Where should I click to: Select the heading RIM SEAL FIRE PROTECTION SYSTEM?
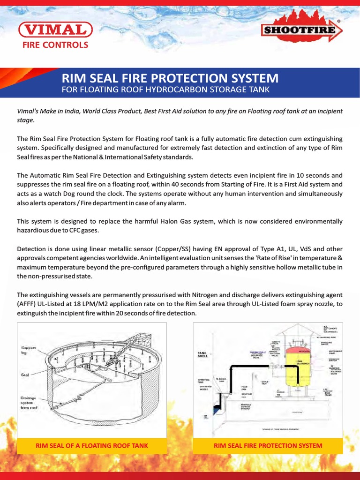pyautogui.click(x=170, y=78)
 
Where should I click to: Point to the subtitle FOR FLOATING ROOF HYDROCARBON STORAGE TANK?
pyautogui.click(x=166, y=89)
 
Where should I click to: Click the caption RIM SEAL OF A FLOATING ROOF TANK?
pyautogui.click(x=92, y=445)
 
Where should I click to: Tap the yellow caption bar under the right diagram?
pyautogui.click(x=268, y=445)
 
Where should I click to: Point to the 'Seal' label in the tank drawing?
pyautogui.click(x=25, y=375)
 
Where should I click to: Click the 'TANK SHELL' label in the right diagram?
pyautogui.click(x=202, y=355)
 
